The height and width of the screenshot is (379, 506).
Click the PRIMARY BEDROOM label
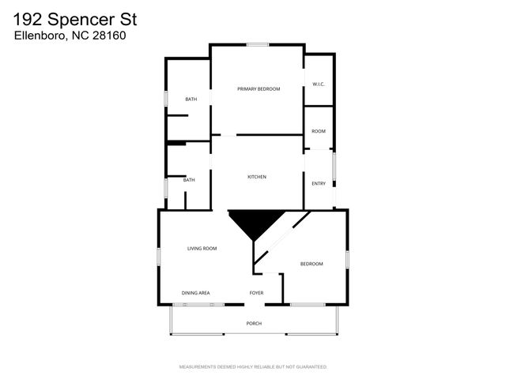click(x=259, y=89)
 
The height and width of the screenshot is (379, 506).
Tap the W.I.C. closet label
click(x=319, y=84)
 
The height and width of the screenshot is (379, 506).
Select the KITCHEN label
click(x=257, y=177)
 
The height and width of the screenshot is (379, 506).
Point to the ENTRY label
click(x=319, y=184)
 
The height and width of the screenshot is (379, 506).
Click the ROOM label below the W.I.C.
click(x=319, y=131)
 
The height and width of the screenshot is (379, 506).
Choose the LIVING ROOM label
click(x=202, y=249)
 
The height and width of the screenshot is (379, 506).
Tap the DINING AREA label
click(x=195, y=293)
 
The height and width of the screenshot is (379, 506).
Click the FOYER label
click(x=256, y=293)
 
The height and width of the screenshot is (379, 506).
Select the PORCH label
click(x=254, y=324)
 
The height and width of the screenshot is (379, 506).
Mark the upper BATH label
click(x=191, y=99)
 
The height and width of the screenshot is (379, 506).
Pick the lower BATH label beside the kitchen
click(x=189, y=180)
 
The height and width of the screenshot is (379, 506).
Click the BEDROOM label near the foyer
click(x=312, y=264)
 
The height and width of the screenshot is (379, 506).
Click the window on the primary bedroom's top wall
click(x=258, y=44)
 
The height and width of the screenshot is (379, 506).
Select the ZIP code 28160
click(x=110, y=35)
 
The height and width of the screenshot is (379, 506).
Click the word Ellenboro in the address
click(x=38, y=35)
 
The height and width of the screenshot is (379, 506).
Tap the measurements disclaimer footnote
click(x=253, y=367)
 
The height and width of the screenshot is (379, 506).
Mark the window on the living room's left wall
click(x=159, y=257)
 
